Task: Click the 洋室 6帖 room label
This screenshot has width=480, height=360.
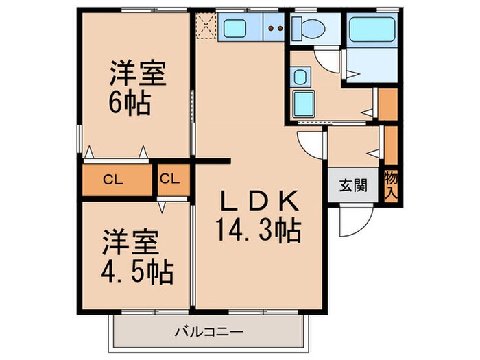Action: click(137, 89)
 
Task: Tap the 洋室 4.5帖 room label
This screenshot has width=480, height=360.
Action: click(137, 257)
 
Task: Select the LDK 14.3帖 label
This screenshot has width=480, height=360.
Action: click(260, 215)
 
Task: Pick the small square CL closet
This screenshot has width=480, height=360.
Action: click(170, 180)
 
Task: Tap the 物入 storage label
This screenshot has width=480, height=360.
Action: click(392, 185)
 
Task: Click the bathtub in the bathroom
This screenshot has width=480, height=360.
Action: click(369, 32)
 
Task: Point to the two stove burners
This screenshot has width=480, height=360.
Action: click(276, 28)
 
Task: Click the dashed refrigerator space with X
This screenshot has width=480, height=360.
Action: click(206, 27)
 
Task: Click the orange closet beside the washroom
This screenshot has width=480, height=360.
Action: click(388, 103)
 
